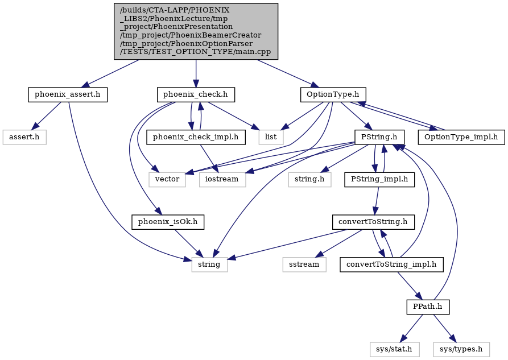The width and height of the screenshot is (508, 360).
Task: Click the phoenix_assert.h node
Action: [67, 94]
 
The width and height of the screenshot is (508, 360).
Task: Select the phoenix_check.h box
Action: [195, 94]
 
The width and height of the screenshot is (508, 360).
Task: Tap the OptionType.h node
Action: [333, 94]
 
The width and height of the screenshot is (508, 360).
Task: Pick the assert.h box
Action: [24, 137]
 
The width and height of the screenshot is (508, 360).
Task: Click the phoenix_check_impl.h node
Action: [196, 137]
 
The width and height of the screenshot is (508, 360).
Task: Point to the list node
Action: [271, 137]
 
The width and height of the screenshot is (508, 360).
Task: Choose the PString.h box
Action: [379, 137]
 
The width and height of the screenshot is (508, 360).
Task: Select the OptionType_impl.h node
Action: [461, 137]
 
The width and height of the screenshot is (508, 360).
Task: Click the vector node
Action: [167, 179]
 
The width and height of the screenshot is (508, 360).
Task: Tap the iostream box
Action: [222, 179]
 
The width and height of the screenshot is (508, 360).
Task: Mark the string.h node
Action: [309, 179]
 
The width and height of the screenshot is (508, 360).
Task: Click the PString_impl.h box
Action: [379, 179]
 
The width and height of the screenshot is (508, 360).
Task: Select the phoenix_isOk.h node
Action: [168, 222]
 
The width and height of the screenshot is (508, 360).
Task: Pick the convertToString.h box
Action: [373, 222]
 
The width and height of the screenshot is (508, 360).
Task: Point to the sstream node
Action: [304, 264]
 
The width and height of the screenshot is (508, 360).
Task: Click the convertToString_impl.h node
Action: [391, 264]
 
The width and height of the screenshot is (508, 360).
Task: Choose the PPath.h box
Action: [428, 307]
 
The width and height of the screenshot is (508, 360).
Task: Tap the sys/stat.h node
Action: [394, 349]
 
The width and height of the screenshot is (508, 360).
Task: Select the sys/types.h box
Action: [461, 349]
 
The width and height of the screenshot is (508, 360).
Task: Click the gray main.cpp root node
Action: [196, 31]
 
